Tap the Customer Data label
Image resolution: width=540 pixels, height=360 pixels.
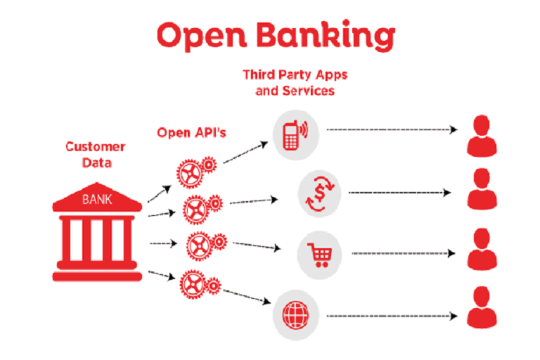pyautogui.click(x=95, y=154)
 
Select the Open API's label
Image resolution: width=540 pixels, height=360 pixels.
pyautogui.click(x=191, y=132)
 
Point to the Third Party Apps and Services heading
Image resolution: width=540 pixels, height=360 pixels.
pyautogui.click(x=295, y=82)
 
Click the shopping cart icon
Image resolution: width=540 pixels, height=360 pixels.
pyautogui.click(x=320, y=251)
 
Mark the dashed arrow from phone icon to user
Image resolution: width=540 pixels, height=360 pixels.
pyautogui.click(x=392, y=130)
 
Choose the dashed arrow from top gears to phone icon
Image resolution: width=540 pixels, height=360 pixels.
pyautogui.click(x=245, y=153)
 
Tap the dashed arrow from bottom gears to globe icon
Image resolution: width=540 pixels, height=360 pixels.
pyautogui.click(x=246, y=294)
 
